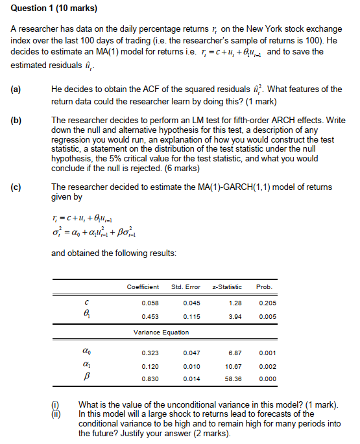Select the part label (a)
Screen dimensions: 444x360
coord(16,89)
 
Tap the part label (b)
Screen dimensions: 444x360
coord(16,121)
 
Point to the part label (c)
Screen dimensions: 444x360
coord(16,187)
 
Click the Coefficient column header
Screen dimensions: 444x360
coord(143,286)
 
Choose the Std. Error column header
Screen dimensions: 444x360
coord(186,286)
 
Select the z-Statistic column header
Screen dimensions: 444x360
coord(227,286)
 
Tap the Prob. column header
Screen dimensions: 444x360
coord(265,286)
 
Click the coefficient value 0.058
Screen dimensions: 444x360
coord(150,303)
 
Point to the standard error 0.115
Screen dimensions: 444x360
coord(191,316)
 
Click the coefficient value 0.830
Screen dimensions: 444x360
coord(150,378)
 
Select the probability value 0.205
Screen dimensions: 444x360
coord(266,303)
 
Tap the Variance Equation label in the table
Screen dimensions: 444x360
coord(162,332)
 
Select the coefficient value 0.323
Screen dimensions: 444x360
coord(150,353)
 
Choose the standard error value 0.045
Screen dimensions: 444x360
coord(191,303)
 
